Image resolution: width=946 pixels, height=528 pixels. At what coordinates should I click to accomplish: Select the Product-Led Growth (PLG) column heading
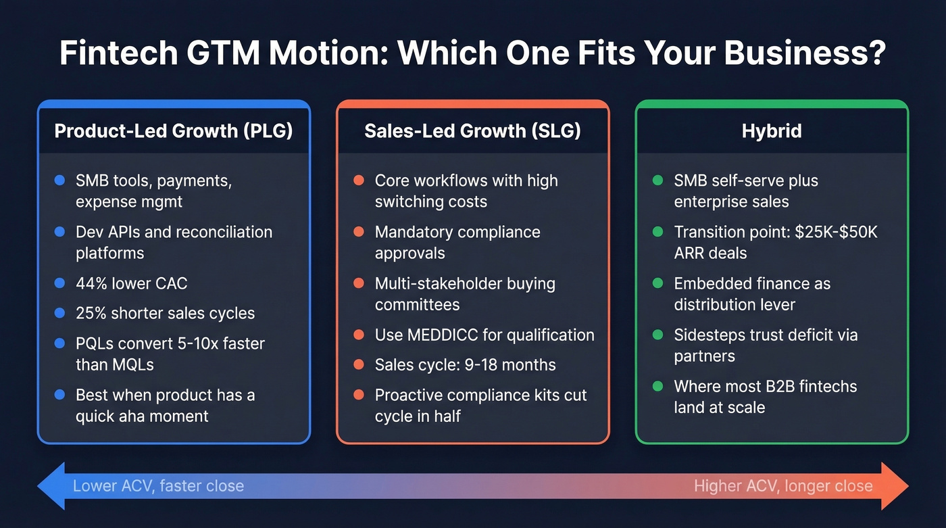(174, 130)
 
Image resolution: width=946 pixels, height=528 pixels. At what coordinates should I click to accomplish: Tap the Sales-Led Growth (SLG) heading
(472, 130)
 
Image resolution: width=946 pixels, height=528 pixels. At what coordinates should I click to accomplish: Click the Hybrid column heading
(772, 130)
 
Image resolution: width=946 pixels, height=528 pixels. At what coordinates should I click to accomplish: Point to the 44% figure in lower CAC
(92, 283)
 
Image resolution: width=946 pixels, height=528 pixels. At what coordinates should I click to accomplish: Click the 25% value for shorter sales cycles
(92, 314)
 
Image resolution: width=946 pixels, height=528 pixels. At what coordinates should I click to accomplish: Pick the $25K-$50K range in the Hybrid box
(835, 232)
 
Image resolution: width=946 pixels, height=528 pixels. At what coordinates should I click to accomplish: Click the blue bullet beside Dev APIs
(59, 232)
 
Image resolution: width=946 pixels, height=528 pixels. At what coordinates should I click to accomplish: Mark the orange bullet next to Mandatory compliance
(359, 232)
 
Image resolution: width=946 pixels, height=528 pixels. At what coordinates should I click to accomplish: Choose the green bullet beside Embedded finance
(657, 283)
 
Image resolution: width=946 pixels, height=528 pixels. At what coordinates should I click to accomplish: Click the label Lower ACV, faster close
(158, 485)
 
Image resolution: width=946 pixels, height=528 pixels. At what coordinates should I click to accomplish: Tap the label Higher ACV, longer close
(783, 485)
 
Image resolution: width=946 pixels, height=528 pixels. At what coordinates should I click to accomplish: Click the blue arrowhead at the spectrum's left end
(51, 485)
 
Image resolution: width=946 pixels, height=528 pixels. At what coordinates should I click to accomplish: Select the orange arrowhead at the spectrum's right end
(895, 485)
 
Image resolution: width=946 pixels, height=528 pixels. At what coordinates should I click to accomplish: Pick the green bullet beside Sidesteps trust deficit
(657, 335)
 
